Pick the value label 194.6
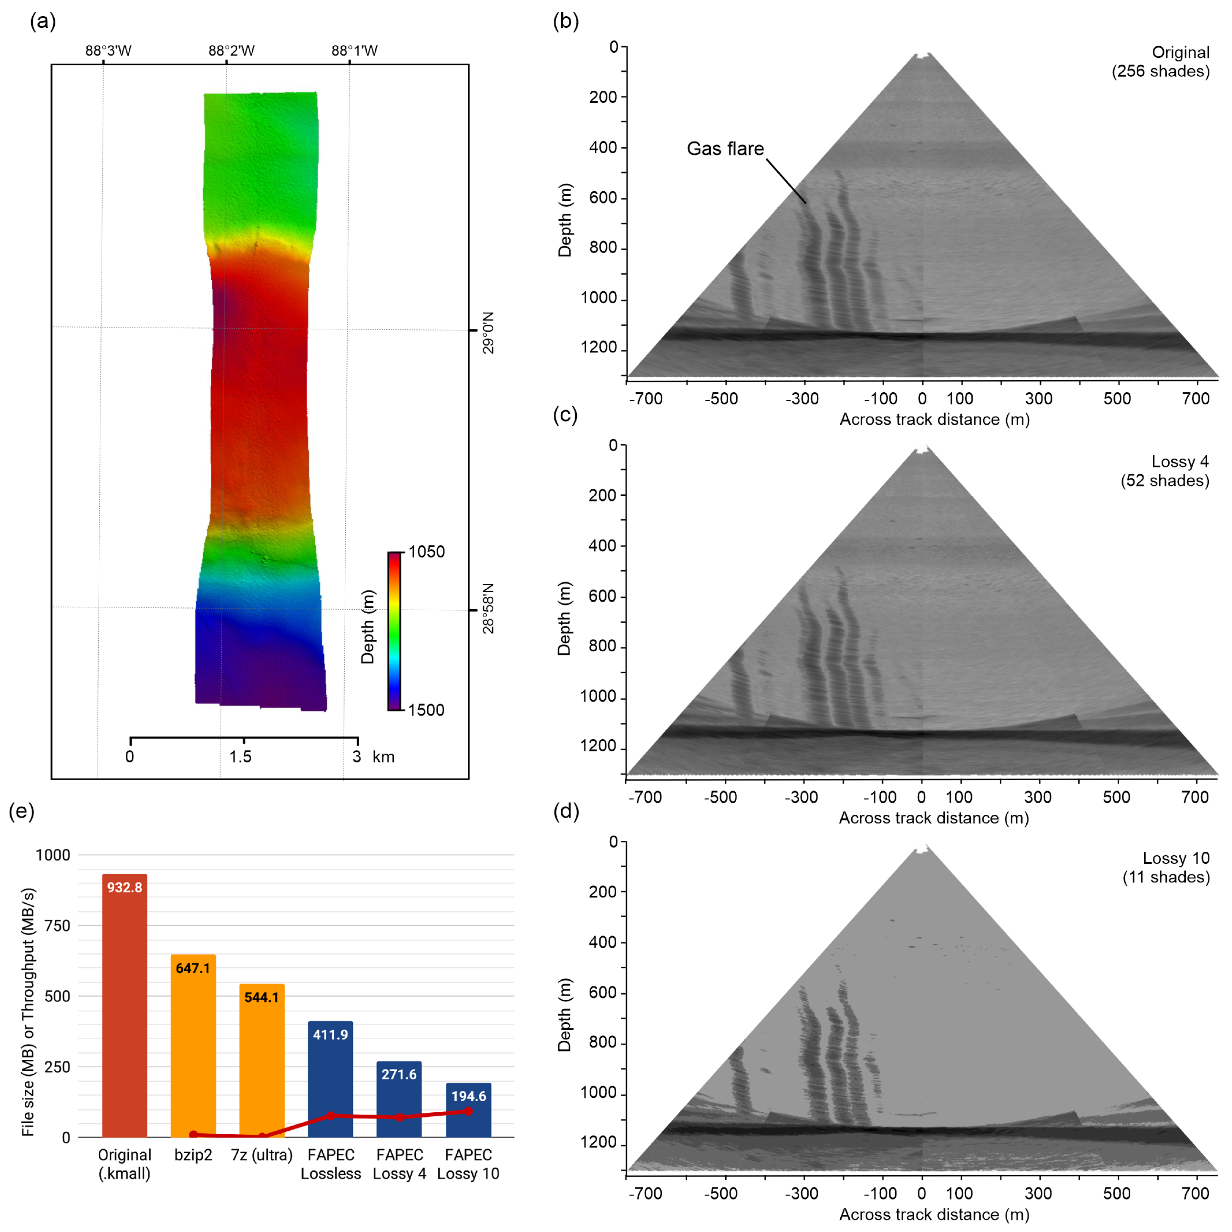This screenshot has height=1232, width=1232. click(469, 1096)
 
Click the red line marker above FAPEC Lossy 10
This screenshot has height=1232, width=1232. click(469, 1111)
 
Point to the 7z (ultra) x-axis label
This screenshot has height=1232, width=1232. click(261, 1155)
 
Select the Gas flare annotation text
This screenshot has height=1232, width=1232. click(725, 149)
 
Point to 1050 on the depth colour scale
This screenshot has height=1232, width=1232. click(426, 552)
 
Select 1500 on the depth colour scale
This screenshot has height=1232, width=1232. click(426, 710)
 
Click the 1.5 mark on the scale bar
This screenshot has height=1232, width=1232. click(240, 757)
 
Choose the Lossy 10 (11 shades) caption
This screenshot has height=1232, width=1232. click(1166, 867)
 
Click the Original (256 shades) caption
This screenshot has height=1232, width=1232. click(1161, 62)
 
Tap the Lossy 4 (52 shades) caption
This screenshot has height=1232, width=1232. click(1165, 471)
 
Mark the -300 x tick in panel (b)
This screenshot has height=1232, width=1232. click(801, 399)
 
